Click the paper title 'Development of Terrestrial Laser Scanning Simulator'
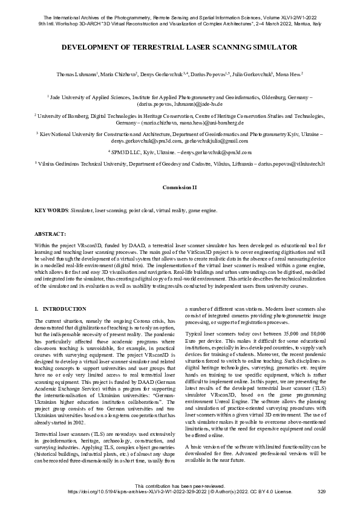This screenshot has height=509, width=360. pyautogui.click(x=180, y=47)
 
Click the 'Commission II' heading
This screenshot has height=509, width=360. pyautogui.click(x=180, y=188)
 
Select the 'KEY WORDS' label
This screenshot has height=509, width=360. pyautogui.click(x=50, y=210)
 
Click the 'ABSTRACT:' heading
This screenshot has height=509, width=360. pyautogui.click(x=50, y=233)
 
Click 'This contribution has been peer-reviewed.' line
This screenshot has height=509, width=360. pyautogui.click(x=180, y=486)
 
